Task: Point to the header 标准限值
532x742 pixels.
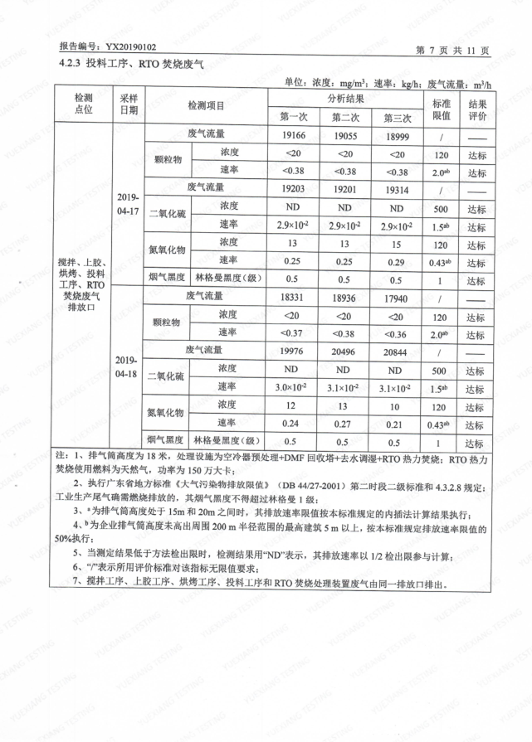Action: (441, 106)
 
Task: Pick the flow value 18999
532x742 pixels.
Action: (396, 135)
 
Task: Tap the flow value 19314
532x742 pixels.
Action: (396, 189)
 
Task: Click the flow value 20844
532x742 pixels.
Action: (396, 352)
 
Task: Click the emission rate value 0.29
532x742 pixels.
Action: (396, 261)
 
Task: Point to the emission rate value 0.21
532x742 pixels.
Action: (396, 424)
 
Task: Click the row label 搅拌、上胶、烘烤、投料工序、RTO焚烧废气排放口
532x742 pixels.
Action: (84, 286)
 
